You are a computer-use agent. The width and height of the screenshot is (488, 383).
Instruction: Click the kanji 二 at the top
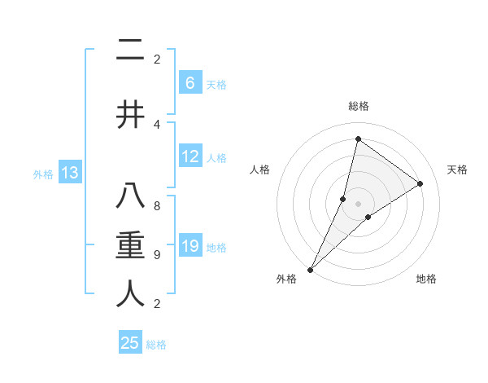pos(130,52)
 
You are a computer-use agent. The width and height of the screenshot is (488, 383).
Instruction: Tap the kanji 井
pos(130,114)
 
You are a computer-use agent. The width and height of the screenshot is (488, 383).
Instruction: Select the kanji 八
pos(130,198)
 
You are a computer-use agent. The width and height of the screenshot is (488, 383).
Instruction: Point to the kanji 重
pos(130,246)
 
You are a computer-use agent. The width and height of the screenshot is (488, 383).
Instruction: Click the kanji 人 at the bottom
pos(130,293)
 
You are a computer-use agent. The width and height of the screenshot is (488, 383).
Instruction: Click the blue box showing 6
pos(190,82)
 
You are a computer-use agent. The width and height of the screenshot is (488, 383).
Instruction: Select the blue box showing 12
pos(190,156)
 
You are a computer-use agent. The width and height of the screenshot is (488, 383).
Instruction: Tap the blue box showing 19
pos(190,246)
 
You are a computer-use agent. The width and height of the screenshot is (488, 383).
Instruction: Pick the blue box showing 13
pos(70,173)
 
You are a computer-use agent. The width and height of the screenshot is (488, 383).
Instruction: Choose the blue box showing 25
pos(130,343)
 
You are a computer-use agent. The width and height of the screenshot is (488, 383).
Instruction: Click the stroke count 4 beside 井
pos(157,124)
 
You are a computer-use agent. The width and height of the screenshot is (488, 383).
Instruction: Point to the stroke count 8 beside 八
pos(157,207)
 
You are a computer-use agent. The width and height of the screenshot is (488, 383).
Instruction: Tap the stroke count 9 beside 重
pos(157,255)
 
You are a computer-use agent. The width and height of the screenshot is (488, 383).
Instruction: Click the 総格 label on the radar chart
pos(358,106)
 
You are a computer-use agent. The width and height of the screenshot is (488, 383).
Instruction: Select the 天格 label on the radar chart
pos(457,169)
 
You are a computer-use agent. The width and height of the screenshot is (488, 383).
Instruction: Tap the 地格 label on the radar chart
pos(426,279)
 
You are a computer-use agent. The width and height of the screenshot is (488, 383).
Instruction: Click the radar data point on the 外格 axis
pos(310,269)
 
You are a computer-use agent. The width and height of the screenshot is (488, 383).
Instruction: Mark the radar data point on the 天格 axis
pos(420,184)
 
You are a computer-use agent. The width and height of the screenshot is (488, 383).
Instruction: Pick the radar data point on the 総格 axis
pos(358,139)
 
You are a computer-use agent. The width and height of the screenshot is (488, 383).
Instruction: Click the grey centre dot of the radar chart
pos(358,204)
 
